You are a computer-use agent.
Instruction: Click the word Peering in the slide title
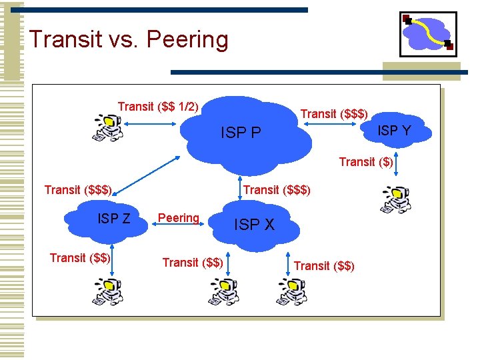click(x=187, y=40)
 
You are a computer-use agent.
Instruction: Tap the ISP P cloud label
click(x=241, y=133)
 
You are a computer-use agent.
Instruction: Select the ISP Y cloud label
click(x=394, y=131)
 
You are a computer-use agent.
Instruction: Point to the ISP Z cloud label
click(x=114, y=218)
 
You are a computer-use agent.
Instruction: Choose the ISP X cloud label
click(x=254, y=225)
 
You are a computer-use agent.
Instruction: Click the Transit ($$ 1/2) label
click(x=158, y=107)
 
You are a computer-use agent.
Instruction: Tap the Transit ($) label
click(x=366, y=161)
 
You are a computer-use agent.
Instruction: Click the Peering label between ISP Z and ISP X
click(x=178, y=218)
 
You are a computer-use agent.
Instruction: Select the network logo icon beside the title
click(x=427, y=34)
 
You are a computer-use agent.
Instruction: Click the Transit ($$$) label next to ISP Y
click(x=334, y=114)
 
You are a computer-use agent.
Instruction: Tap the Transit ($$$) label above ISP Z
click(x=78, y=190)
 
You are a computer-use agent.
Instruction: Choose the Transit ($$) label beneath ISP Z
click(x=80, y=258)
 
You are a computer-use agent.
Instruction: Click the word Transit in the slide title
click(x=69, y=40)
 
